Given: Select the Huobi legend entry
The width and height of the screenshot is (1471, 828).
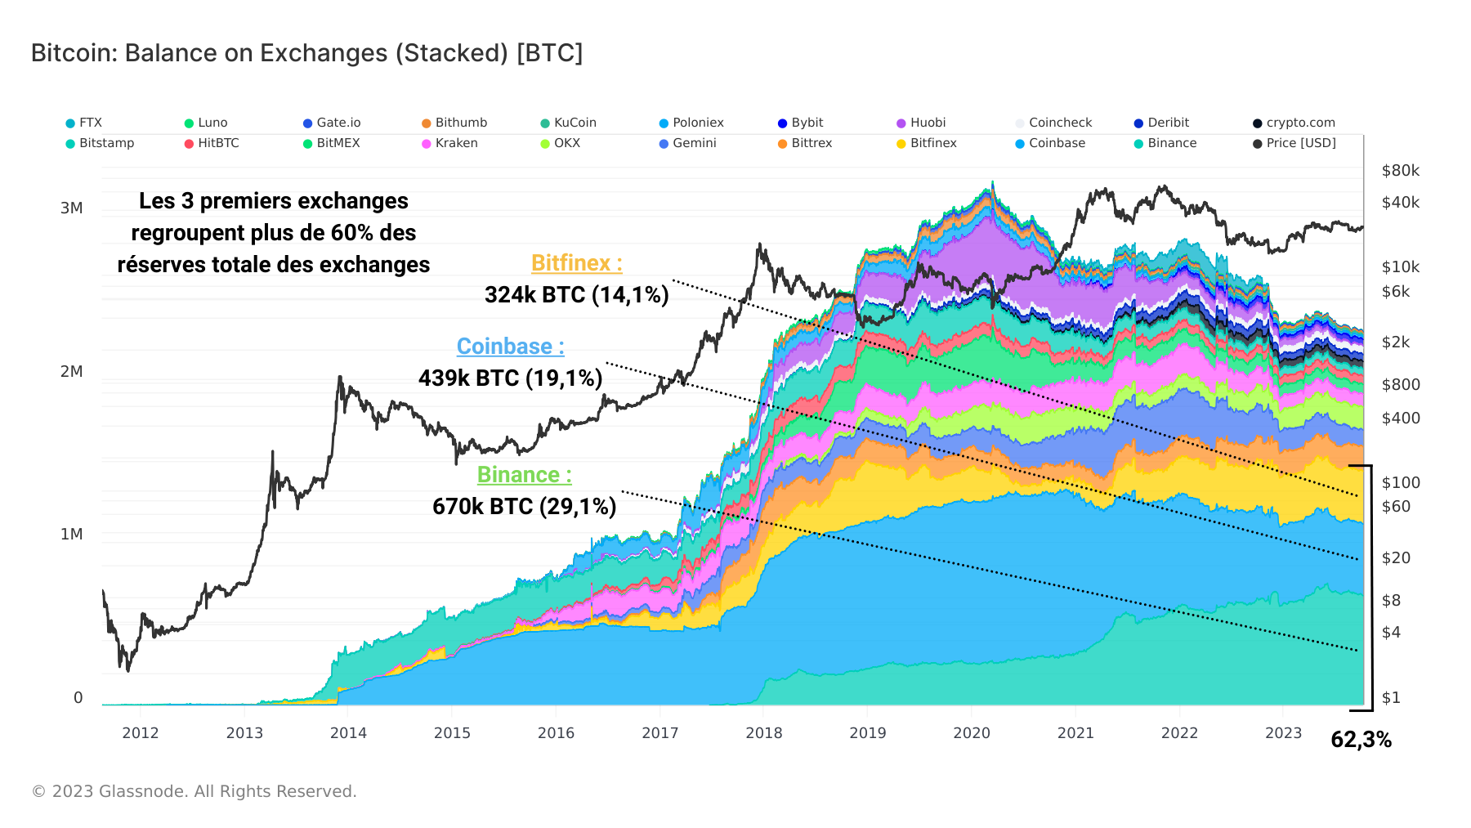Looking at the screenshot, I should click(x=927, y=123).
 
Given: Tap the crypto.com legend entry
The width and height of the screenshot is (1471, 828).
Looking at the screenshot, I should click(x=1299, y=123).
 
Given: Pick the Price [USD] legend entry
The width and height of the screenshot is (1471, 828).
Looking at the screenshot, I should click(x=1300, y=143).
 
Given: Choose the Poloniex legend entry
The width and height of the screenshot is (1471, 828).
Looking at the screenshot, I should click(x=697, y=123).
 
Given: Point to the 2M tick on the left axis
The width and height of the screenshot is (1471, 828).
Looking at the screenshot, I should click(x=72, y=371).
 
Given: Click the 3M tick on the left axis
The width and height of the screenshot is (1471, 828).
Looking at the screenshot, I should click(x=72, y=208).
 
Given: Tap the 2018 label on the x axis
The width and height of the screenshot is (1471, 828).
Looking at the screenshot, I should click(x=763, y=732).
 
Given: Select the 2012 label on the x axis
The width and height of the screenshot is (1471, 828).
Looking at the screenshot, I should click(x=141, y=732).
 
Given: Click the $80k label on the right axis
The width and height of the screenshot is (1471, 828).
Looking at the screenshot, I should click(x=1400, y=171).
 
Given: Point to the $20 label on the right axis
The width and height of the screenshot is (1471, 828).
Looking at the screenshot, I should click(x=1396, y=557).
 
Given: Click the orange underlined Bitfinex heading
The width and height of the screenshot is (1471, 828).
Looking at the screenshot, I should click(x=576, y=263).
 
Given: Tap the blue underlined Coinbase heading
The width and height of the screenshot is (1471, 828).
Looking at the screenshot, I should click(x=510, y=347).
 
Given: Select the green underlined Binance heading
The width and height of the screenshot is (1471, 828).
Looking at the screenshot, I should click(x=524, y=475).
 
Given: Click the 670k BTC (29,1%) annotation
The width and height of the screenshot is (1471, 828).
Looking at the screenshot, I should click(x=524, y=507).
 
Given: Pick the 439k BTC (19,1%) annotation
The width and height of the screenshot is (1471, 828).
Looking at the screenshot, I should click(x=510, y=378).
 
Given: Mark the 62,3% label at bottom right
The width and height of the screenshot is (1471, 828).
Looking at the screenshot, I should click(x=1361, y=740).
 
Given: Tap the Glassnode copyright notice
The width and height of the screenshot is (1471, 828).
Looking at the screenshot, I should click(x=194, y=791).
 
